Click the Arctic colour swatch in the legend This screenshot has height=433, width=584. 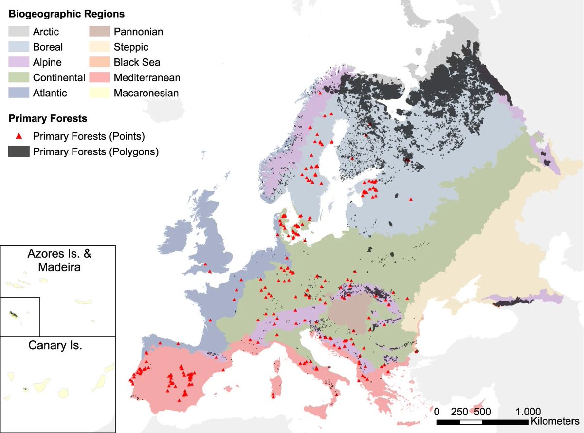pos(18,32)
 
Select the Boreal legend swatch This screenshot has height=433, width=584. pos(18,47)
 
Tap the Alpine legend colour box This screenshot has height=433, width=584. pos(18,62)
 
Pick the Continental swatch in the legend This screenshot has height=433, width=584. pos(18,77)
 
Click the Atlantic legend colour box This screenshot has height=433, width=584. pos(18,93)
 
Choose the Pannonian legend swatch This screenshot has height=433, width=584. pos(99,32)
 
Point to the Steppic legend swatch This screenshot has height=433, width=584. pos(99,47)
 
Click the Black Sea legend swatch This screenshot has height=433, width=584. pos(99,62)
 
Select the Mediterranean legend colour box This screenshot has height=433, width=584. pos(99,77)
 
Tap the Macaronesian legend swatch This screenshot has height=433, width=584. pos(99,93)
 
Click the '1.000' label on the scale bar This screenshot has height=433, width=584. pos(527,411)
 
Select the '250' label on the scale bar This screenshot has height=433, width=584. pos(460,411)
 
